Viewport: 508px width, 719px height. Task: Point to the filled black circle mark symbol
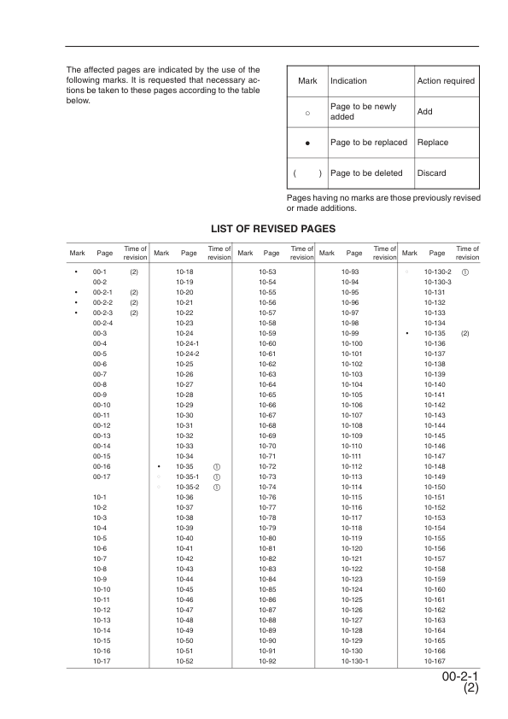coord(307,143)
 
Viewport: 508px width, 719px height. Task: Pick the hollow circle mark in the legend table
coord(307,112)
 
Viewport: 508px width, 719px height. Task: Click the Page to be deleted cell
coord(365,173)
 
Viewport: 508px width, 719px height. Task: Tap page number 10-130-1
coord(353,661)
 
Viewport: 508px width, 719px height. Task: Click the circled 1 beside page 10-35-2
coord(217,487)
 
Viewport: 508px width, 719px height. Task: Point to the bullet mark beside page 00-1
coord(76,271)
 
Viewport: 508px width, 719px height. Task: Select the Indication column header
coord(348,81)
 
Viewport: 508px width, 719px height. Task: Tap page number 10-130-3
coord(437,281)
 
